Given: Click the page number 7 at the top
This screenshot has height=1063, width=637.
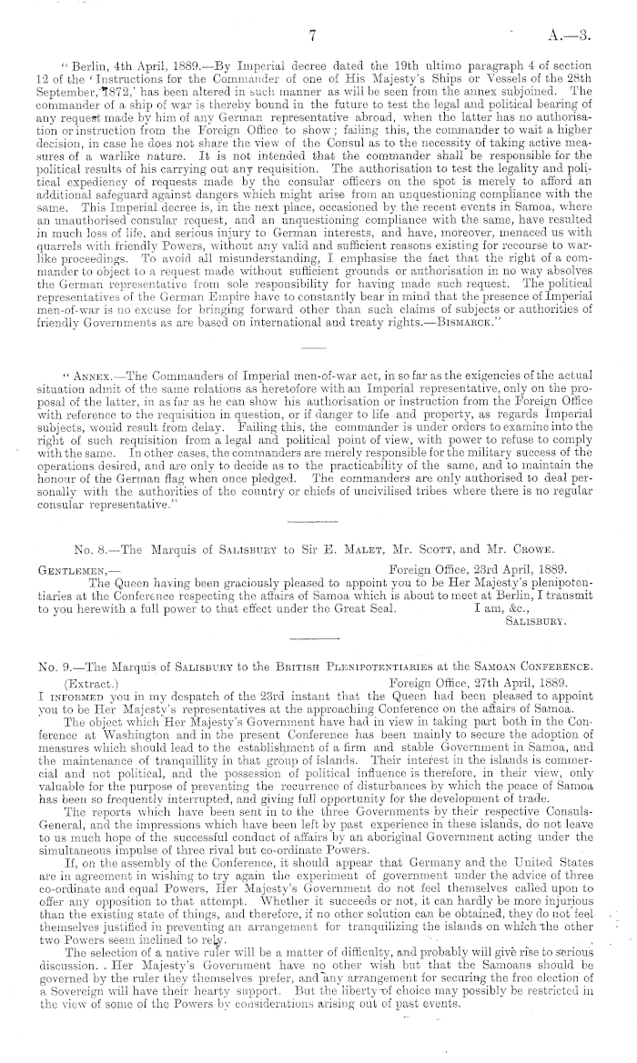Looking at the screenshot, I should point(311,36).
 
